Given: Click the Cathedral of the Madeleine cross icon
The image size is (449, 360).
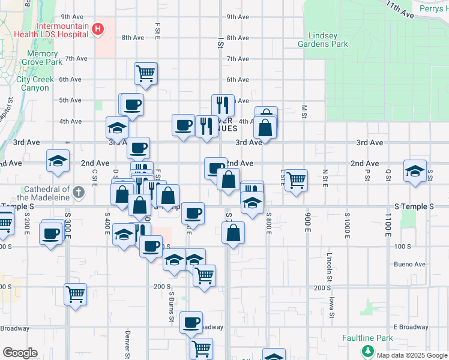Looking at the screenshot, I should [78, 193].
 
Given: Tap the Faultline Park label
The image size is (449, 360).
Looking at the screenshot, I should [367, 338].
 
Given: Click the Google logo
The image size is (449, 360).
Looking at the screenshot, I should [20, 353].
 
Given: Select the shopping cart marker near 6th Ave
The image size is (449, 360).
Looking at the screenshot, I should [146, 73].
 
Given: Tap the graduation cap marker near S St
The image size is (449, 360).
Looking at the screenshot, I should [415, 170].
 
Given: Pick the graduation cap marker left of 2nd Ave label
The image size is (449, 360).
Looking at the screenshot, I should [58, 160].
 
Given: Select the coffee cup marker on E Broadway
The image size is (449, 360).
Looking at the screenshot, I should [191, 323].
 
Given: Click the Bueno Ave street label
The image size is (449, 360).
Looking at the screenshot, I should [410, 264].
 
